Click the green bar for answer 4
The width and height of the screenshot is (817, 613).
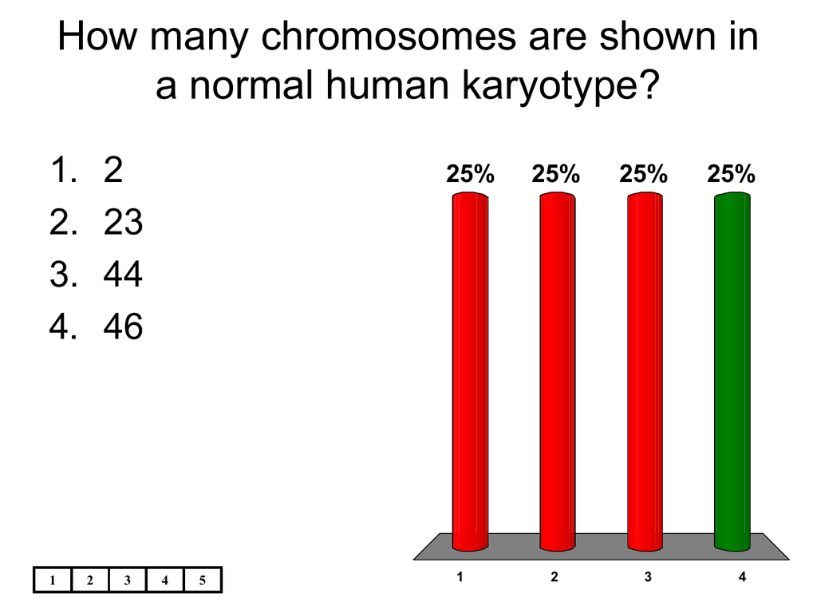coord(732,371)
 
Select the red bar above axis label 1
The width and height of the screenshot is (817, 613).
coord(470,371)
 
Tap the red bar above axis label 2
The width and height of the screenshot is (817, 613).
coord(558,371)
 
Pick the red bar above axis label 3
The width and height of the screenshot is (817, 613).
coord(645,371)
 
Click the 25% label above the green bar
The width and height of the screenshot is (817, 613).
coord(731,174)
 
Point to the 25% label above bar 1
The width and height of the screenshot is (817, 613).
coord(470,174)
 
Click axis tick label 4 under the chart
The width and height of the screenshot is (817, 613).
coord(742,576)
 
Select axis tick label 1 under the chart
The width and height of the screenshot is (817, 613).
coord(460,576)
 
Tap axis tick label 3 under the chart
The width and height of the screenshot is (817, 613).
coord(648,576)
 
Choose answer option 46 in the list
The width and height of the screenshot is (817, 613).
coord(123,326)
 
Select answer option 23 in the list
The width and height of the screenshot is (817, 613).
coord(123,222)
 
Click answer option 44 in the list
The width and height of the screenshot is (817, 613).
coord(123,275)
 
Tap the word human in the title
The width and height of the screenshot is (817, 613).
coord(387,85)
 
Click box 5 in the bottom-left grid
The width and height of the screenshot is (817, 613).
coord(203,579)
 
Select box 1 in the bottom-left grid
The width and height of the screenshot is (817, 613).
coord(52,579)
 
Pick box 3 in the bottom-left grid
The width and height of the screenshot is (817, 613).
coord(128,579)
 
